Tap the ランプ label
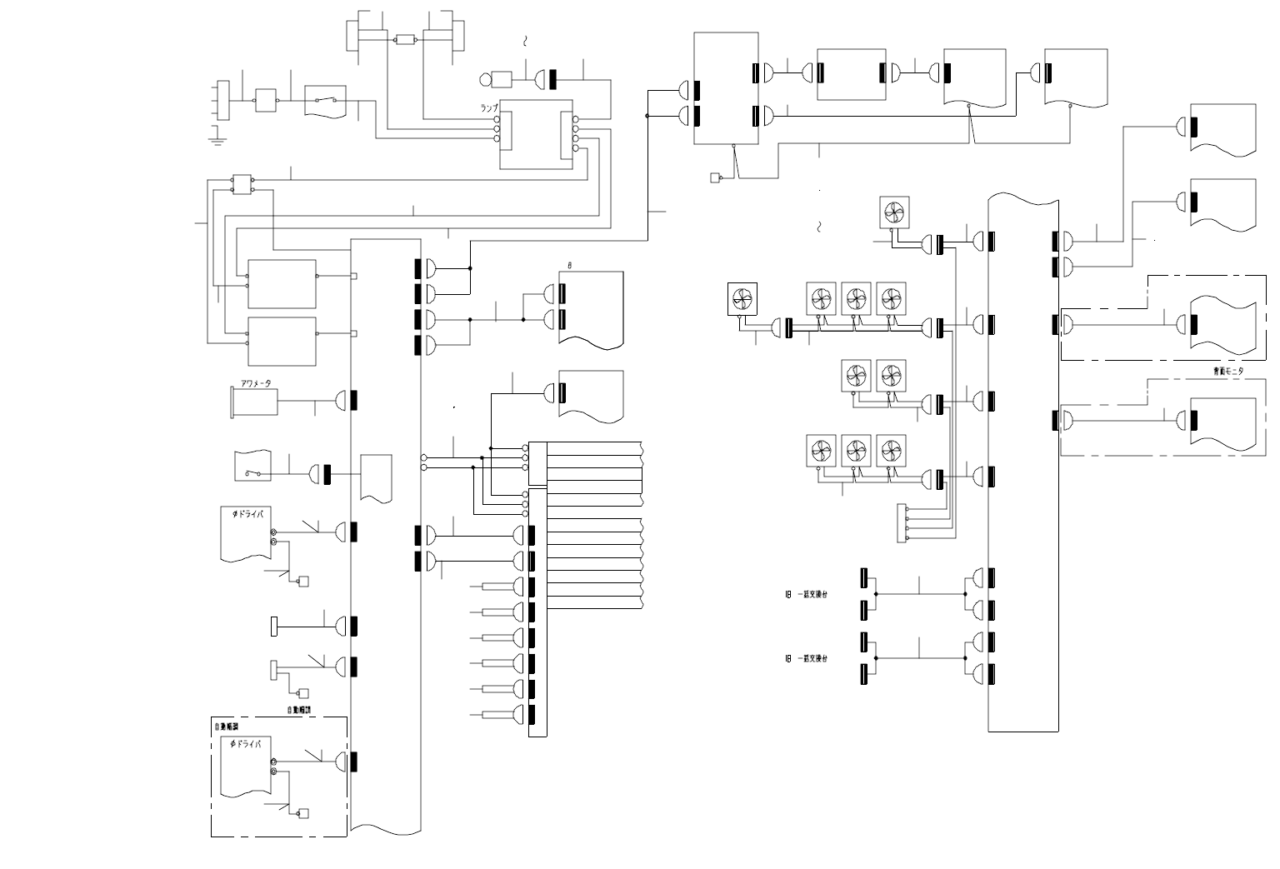click(488, 108)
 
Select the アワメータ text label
click(256, 383)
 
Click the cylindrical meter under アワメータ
click(253, 401)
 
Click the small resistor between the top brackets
click(406, 39)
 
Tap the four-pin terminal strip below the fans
click(903, 522)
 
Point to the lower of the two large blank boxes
click(282, 341)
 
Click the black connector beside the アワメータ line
click(354, 401)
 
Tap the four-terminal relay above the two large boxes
click(242, 184)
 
